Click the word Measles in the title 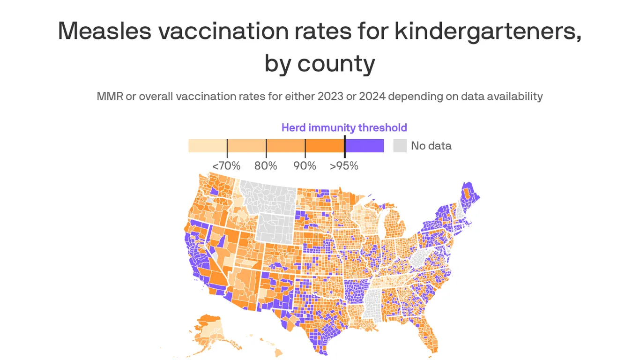104,30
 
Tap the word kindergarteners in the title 487,30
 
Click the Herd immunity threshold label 344,127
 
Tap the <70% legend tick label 226,166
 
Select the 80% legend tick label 266,166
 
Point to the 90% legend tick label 305,166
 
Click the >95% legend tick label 344,166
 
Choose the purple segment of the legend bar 365,146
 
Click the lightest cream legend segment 208,146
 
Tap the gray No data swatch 400,146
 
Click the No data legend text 431,146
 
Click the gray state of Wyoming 276,227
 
